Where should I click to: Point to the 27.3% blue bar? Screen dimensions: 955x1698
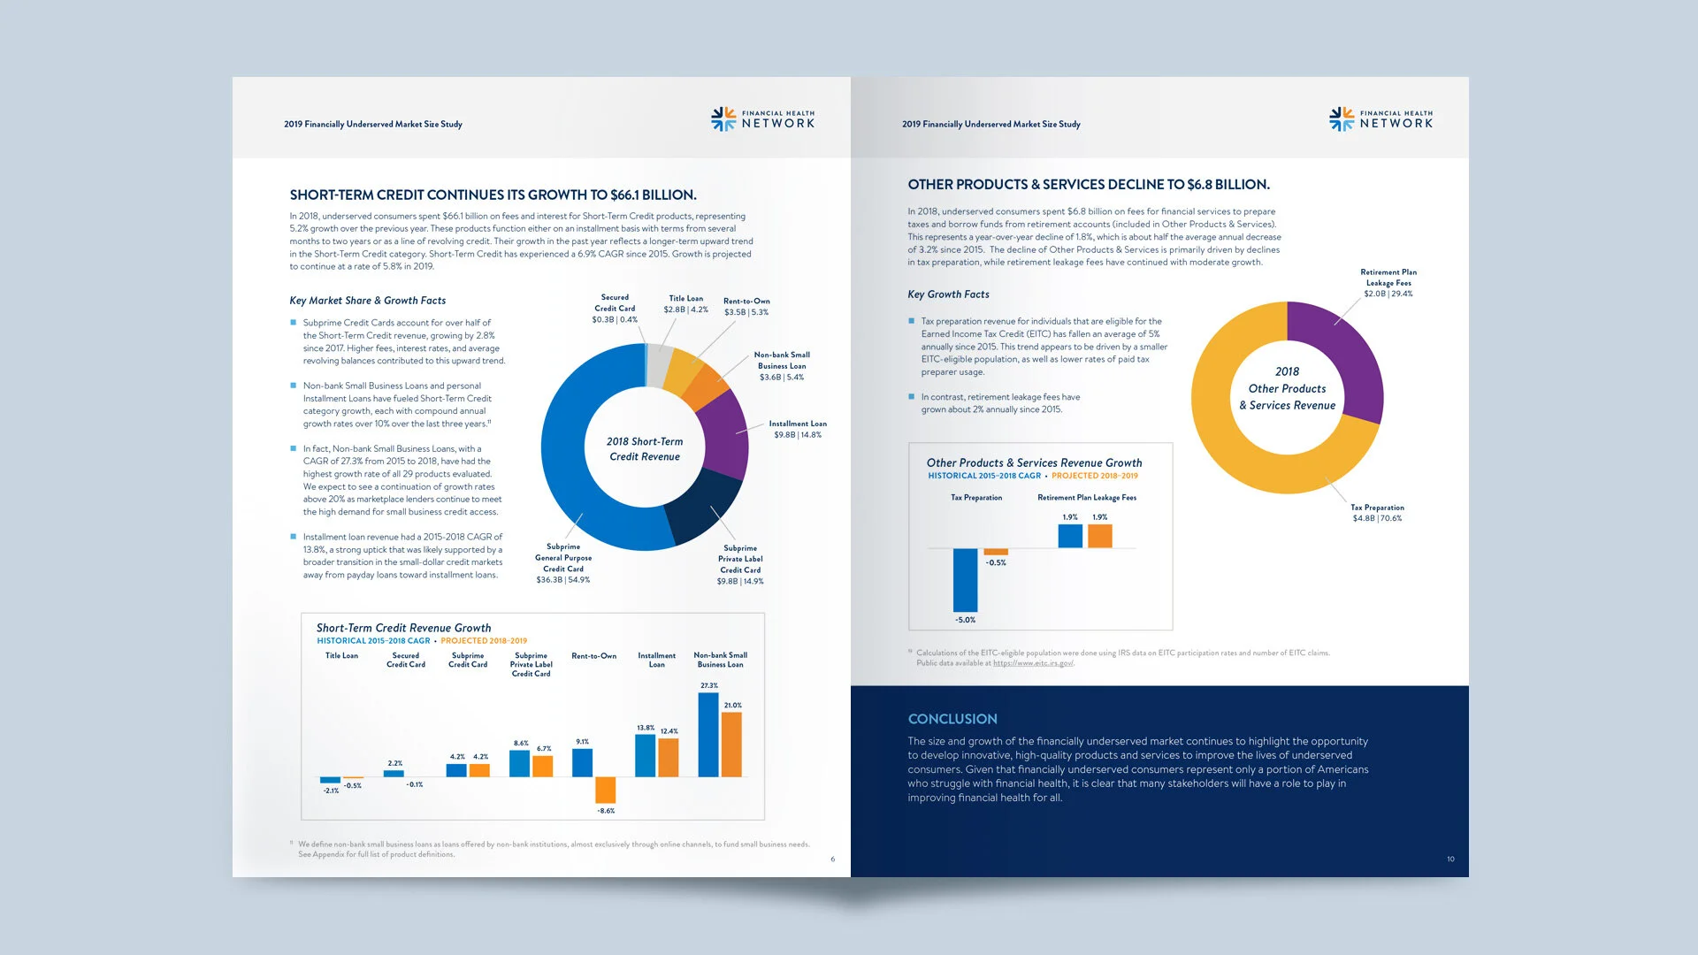pyautogui.click(x=707, y=734)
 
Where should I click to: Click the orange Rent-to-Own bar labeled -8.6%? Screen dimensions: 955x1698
pyautogui.click(x=606, y=790)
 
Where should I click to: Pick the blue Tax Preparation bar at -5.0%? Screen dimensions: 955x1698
pyautogui.click(x=965, y=579)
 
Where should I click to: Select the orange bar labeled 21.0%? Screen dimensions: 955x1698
pyautogui.click(x=731, y=744)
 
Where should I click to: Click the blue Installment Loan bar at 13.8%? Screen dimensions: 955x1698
pyautogui.click(x=646, y=755)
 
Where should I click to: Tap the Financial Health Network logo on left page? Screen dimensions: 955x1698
pyautogui.click(x=762, y=119)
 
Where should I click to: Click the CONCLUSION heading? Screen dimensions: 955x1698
pyautogui.click(x=952, y=719)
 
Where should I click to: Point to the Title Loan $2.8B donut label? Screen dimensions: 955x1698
pyautogui.click(x=685, y=304)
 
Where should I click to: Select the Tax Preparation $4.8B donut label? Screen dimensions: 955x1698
pyautogui.click(x=1377, y=513)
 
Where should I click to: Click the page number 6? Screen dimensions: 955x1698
pyautogui.click(x=832, y=859)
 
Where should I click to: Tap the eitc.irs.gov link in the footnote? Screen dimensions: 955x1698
pyautogui.click(x=1033, y=663)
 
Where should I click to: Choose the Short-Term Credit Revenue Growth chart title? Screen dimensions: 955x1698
pyautogui.click(x=403, y=628)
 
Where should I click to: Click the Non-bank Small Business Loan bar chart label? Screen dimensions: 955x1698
pyautogui.click(x=720, y=660)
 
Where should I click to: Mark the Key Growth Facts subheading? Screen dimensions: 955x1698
pyautogui.click(x=948, y=294)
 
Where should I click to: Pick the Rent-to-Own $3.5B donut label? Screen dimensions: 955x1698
pyautogui.click(x=746, y=306)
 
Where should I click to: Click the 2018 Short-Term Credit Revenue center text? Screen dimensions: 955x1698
pyautogui.click(x=645, y=448)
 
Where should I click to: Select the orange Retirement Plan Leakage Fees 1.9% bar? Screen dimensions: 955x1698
pyautogui.click(x=1099, y=536)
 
